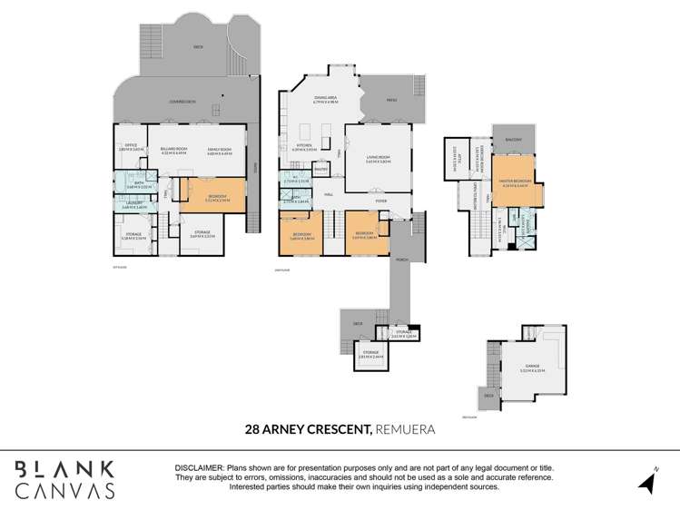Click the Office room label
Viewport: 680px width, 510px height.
(131, 146)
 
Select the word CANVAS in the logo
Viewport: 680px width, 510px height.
(64, 490)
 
